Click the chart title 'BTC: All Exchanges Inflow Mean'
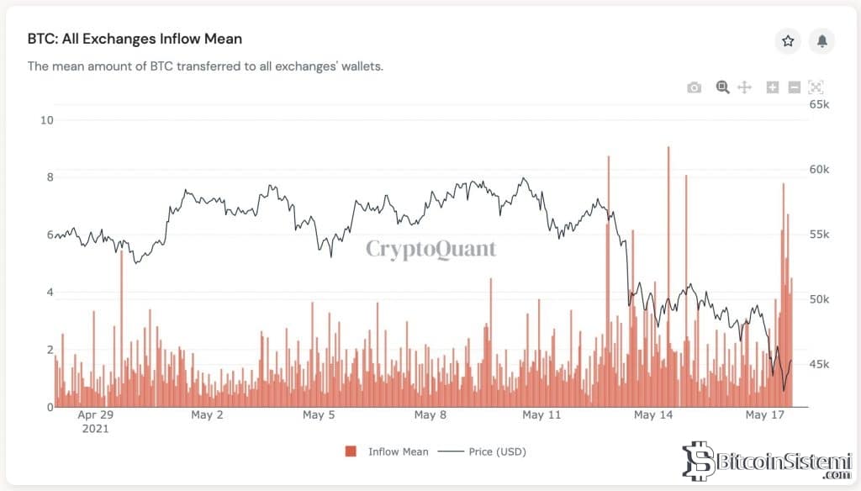click(135, 40)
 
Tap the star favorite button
click(788, 40)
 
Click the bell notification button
click(821, 40)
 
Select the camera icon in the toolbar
click(694, 87)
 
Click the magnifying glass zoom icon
click(721, 87)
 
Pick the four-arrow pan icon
click(744, 87)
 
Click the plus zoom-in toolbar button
click(773, 87)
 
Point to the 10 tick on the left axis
click(47, 119)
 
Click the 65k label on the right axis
click(819, 104)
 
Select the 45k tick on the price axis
click(819, 364)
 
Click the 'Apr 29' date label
click(95, 414)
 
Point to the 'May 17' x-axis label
click(765, 414)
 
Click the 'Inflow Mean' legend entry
click(398, 451)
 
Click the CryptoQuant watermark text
click(430, 249)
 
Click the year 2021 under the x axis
click(95, 428)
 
